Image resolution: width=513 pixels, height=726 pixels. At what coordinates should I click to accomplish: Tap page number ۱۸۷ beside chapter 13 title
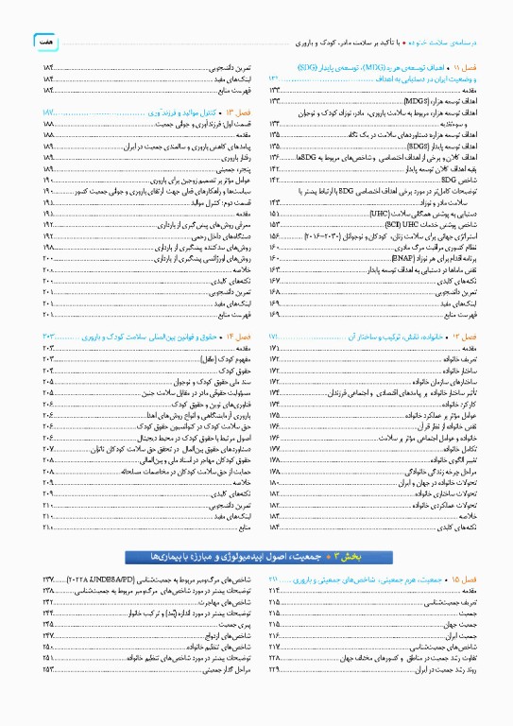click(50, 113)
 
